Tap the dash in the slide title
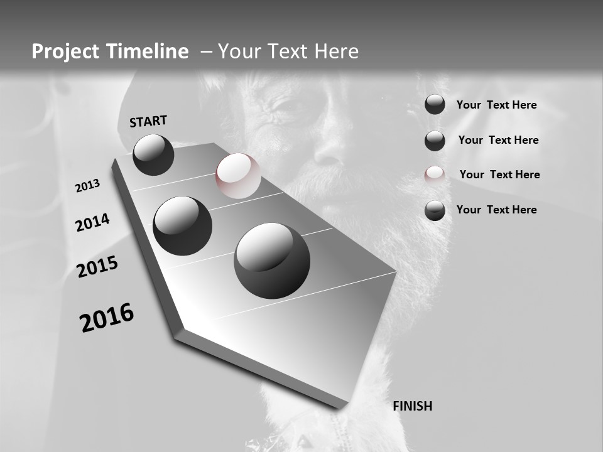tap(206, 51)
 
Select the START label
tap(148, 121)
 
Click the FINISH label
tap(412, 406)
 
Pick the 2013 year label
tap(87, 186)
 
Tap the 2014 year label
tap(92, 222)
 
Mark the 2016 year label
tap(107, 318)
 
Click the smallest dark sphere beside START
tap(153, 154)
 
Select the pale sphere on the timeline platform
tap(238, 176)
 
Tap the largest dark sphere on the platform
tap(272, 261)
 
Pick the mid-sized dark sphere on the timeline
tap(182, 225)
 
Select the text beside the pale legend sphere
tap(499, 175)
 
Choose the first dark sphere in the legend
tap(435, 105)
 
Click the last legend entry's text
tap(496, 210)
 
